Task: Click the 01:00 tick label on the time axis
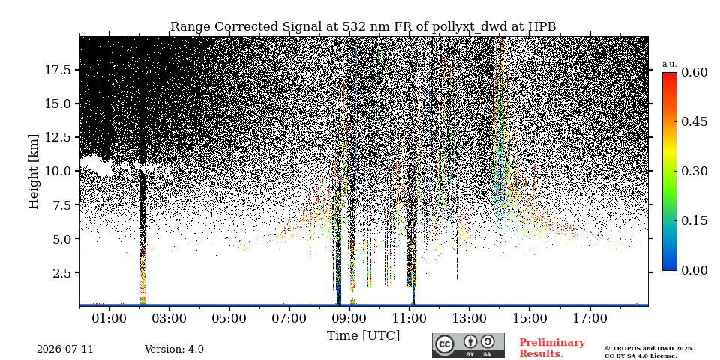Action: coord(109,318)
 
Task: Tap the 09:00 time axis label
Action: coord(349,318)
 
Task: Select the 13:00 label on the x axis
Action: coord(469,318)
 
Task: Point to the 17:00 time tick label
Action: coord(589,318)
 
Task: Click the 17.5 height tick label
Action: coord(58,70)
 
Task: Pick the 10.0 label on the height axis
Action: coord(58,171)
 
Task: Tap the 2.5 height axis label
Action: coord(62,272)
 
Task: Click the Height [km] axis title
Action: coord(34,172)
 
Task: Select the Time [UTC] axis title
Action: coord(363,336)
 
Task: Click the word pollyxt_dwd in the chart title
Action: coord(469,27)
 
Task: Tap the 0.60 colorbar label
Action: coord(694,72)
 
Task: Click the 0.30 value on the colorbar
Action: coord(694,171)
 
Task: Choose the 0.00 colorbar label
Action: coord(694,271)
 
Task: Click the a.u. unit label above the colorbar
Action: coord(670,64)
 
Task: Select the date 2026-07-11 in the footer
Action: coord(65,349)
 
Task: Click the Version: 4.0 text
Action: coord(174,349)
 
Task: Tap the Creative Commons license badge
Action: coord(468,345)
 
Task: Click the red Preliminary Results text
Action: coord(552,348)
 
